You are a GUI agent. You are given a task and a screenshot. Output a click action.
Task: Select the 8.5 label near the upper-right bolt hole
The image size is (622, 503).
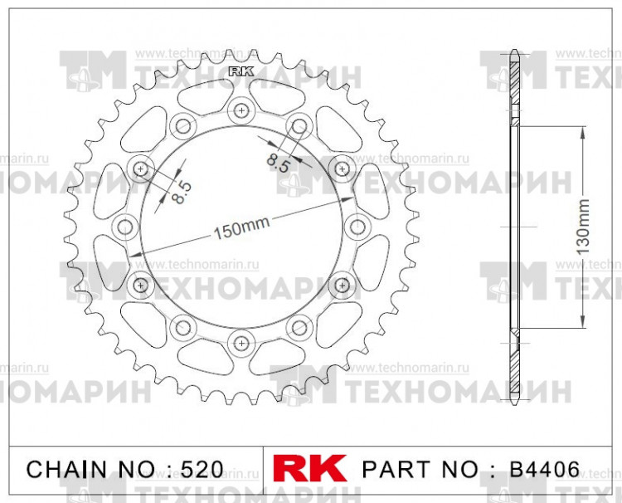point(279,157)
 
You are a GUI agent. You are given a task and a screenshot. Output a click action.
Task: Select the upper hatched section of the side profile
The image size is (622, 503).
point(514,87)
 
